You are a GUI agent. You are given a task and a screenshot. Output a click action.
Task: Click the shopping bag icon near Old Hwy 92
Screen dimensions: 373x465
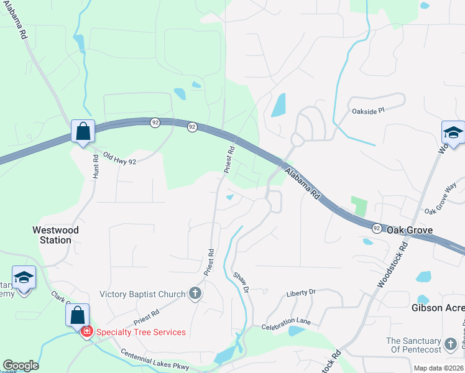coord(83,132)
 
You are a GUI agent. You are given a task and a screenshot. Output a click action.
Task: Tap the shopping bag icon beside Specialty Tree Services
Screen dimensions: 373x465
coord(76,316)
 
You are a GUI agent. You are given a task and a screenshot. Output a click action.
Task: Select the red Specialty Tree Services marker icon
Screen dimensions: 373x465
coord(87,332)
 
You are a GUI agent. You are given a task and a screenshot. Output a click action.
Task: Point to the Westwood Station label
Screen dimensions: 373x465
coord(56,235)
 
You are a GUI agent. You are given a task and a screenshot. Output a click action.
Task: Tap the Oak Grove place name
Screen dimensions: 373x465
coord(410,230)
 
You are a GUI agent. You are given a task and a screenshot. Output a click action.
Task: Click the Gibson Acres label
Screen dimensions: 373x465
coord(438,308)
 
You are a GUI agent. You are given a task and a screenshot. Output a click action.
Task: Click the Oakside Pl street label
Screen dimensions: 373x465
coord(369,110)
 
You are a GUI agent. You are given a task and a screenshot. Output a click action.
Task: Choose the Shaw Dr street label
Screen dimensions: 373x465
coord(241,283)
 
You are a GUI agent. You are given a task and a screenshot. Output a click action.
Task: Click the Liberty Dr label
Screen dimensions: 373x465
coord(301,292)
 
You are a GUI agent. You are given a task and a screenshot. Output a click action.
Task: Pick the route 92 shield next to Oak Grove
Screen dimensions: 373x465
coord(377,229)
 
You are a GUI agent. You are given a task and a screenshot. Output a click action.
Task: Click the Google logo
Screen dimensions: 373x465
coord(21,366)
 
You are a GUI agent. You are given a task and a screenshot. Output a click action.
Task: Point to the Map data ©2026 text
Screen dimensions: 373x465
coord(438,368)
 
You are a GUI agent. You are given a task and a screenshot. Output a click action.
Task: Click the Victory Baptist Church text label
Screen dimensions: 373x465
coord(142,294)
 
